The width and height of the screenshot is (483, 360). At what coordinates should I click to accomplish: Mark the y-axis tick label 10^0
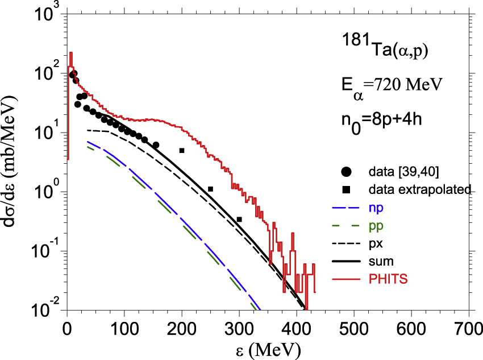pos(44,192)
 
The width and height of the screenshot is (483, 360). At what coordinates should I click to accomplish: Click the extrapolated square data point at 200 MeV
pos(182,151)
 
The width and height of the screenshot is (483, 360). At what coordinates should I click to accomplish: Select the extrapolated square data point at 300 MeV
pos(239,220)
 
